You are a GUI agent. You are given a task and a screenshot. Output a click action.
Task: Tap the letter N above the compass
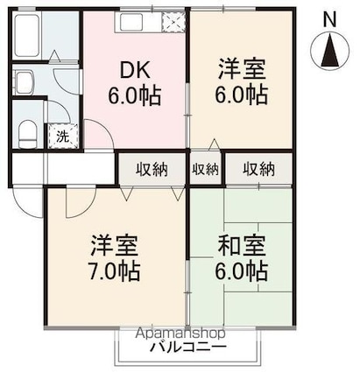coord(329,18)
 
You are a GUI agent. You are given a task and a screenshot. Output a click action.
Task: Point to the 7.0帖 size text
coord(111,269)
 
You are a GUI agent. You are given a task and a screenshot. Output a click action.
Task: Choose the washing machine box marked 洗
coord(63,136)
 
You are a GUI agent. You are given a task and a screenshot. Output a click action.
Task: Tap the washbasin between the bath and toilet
coord(24,85)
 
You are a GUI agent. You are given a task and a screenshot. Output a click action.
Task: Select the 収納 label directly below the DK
coord(152,169)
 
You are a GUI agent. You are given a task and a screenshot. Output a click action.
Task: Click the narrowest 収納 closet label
coord(207,169)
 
